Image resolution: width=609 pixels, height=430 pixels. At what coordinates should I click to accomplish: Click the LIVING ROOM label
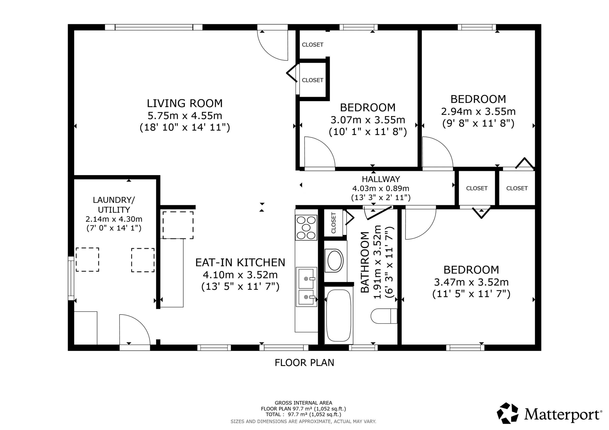pos(185,103)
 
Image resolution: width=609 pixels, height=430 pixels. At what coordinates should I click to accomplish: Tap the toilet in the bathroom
pos(383,316)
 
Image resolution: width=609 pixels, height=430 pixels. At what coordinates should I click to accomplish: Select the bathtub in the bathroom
pos(339,315)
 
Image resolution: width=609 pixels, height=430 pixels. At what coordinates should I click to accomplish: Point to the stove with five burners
pos(306,228)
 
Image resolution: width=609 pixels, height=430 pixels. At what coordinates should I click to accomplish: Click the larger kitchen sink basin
pos(306,279)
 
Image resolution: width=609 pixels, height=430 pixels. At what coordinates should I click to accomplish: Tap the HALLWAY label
pos(381,179)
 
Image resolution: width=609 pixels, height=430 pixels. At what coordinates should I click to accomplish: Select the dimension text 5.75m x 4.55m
pos(185,116)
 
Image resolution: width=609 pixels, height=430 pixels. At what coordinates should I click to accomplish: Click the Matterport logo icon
pos(507,413)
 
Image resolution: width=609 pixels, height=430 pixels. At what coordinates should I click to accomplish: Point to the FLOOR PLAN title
pos(304,363)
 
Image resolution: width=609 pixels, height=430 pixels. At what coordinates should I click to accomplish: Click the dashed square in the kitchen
pos(178,225)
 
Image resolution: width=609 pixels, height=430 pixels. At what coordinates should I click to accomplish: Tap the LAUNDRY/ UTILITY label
pos(114,205)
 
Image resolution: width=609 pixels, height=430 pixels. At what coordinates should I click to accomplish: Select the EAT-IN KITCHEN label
pos(240,263)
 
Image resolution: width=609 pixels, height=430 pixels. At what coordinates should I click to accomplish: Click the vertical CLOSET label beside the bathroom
pos(334,223)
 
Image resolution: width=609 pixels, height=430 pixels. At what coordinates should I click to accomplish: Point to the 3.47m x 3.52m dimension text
pos(471,282)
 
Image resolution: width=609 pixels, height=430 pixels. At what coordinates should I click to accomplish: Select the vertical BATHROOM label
pos(365,262)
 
